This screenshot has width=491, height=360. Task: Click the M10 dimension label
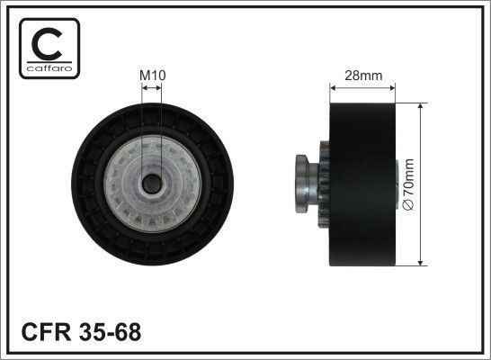[x=151, y=75]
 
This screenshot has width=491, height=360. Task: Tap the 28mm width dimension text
[x=362, y=75]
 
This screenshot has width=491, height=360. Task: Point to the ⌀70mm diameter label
[x=408, y=184]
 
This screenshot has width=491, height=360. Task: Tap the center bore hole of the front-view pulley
[x=151, y=184]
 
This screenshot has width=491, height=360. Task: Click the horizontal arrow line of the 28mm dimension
[x=362, y=88]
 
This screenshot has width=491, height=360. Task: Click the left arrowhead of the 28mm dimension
[x=335, y=88]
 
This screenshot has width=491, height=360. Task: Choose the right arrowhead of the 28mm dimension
[x=391, y=88]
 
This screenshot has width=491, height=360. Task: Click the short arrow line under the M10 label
[x=151, y=88]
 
